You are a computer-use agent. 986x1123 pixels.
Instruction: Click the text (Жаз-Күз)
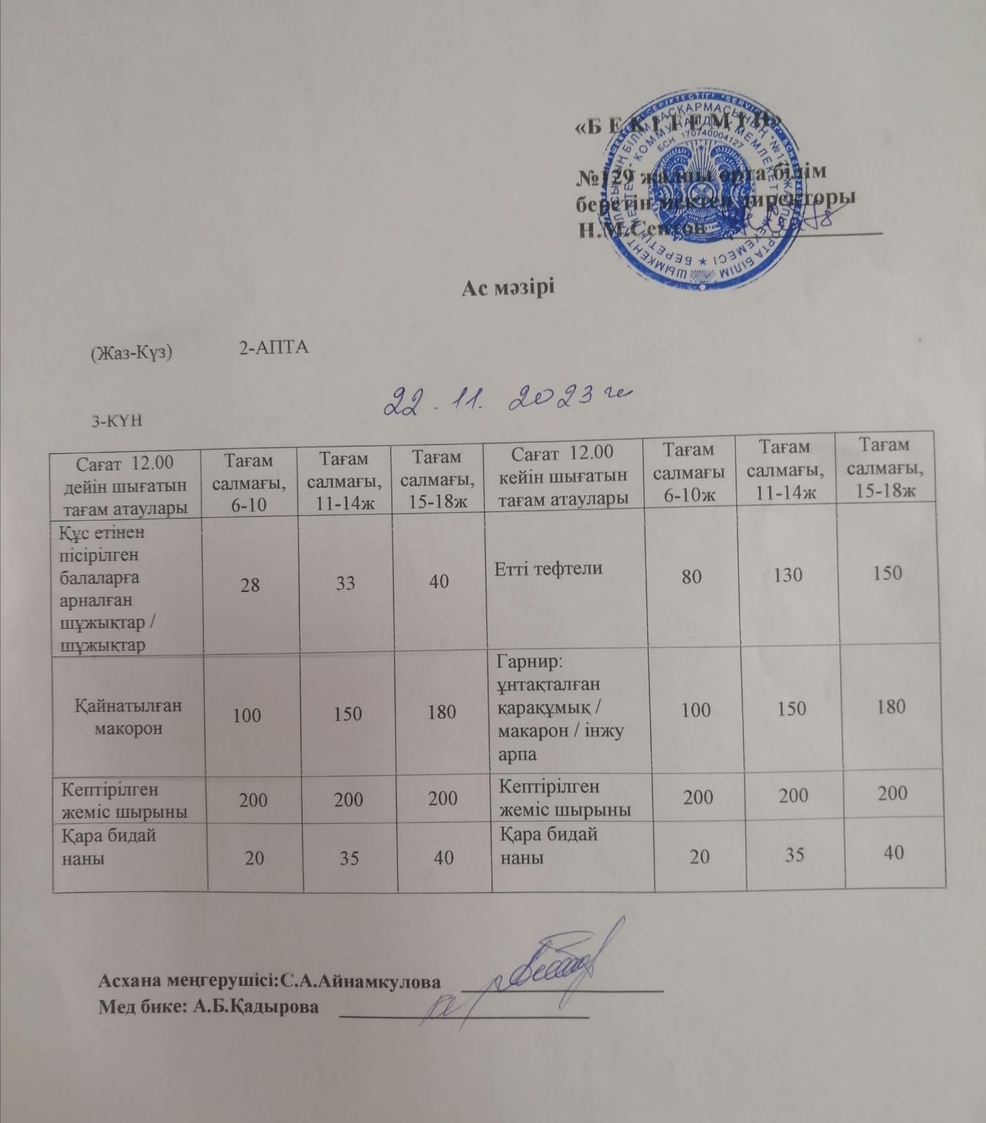click(131, 353)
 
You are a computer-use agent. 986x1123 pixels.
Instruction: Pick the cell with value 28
click(250, 584)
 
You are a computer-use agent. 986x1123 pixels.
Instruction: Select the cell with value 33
click(345, 583)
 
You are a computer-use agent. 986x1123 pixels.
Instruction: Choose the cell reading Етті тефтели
click(549, 569)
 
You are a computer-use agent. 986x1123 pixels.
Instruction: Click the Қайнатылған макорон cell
click(129, 717)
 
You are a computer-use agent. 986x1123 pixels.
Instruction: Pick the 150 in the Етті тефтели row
click(887, 573)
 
